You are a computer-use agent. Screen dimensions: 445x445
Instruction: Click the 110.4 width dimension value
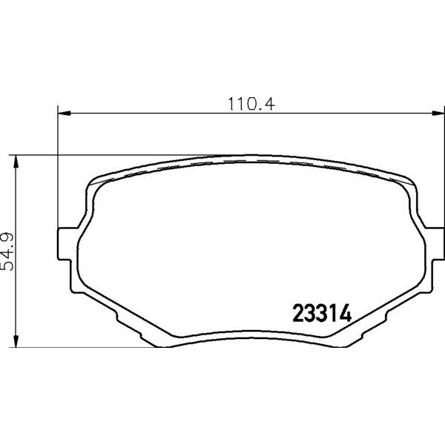[251, 104]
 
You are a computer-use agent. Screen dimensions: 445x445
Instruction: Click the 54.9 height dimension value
[7, 251]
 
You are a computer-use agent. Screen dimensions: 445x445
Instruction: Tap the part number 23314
[322, 313]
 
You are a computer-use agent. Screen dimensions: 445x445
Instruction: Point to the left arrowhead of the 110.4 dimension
[64, 113]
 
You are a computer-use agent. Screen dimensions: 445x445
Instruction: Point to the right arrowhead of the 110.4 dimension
[438, 113]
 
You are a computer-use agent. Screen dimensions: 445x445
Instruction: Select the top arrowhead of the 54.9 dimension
[16, 162]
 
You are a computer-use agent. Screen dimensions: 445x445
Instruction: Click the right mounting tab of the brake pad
[435, 243]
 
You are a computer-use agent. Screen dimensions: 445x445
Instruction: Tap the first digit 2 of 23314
[298, 313]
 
